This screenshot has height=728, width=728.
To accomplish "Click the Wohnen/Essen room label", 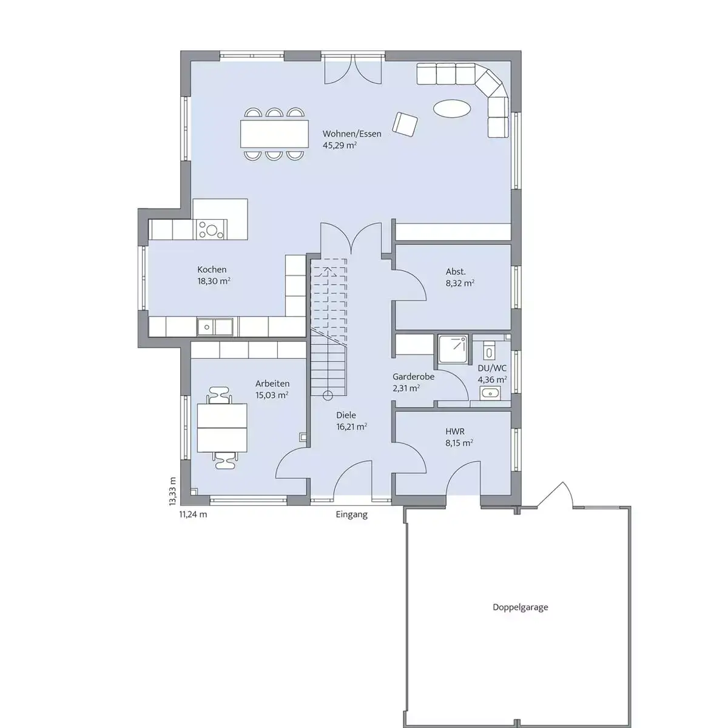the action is click(352, 133).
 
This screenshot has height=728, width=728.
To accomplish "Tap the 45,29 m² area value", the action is click(340, 146).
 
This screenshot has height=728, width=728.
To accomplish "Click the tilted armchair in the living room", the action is click(405, 124).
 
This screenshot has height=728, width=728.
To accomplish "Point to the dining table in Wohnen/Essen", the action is click(274, 133).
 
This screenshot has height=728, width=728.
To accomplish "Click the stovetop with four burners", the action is click(211, 229).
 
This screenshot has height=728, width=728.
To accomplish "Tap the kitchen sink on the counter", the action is click(215, 327).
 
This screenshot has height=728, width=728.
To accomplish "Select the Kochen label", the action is click(212, 270).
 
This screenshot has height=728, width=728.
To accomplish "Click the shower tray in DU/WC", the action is click(453, 349).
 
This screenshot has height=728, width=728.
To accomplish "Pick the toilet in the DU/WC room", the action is click(489, 351).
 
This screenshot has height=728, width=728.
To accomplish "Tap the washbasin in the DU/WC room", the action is click(490, 393).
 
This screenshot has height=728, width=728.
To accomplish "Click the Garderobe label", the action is click(413, 377).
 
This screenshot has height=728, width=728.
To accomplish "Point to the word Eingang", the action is click(351, 514).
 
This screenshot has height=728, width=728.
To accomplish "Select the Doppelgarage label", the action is click(520, 618).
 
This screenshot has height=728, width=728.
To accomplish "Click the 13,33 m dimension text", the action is click(173, 491).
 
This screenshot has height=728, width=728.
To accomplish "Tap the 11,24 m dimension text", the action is click(193, 514).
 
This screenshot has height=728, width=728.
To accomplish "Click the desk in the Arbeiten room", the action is click(222, 428).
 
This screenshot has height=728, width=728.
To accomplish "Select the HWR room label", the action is click(455, 431).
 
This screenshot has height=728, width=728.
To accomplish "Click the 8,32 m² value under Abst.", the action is click(460, 283).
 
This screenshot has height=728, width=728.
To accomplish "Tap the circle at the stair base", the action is click(328, 396).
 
